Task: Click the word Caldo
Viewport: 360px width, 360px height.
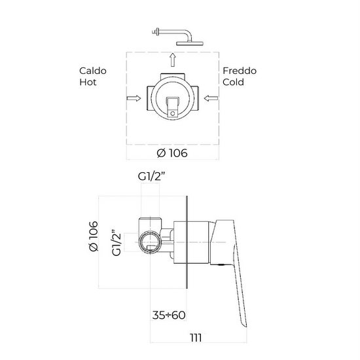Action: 92,69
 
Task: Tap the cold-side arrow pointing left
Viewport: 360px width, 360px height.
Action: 210,99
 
